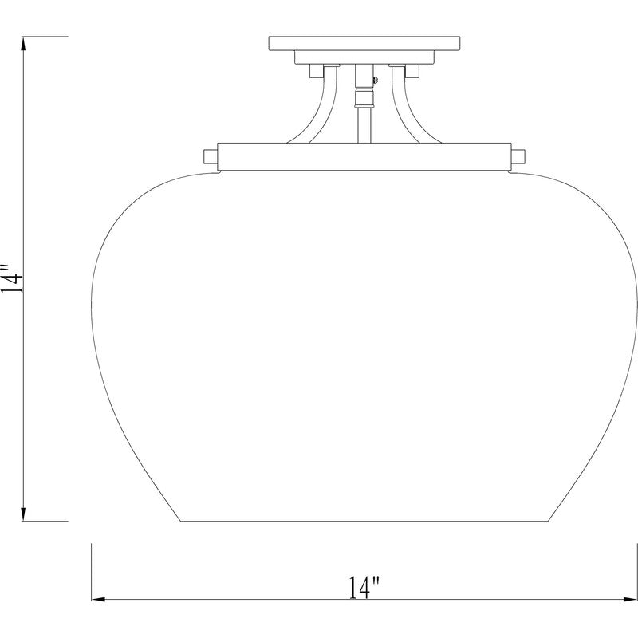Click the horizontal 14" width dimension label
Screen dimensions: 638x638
click(x=364, y=589)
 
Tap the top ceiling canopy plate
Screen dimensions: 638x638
click(x=365, y=43)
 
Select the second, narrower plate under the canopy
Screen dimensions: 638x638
click(x=365, y=57)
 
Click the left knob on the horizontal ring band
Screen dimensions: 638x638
click(x=211, y=155)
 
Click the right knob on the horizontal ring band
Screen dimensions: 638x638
click(x=518, y=155)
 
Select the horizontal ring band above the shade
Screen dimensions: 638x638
click(x=364, y=156)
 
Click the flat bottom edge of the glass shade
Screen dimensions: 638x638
click(x=364, y=521)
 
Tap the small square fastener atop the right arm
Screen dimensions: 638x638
click(x=413, y=73)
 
